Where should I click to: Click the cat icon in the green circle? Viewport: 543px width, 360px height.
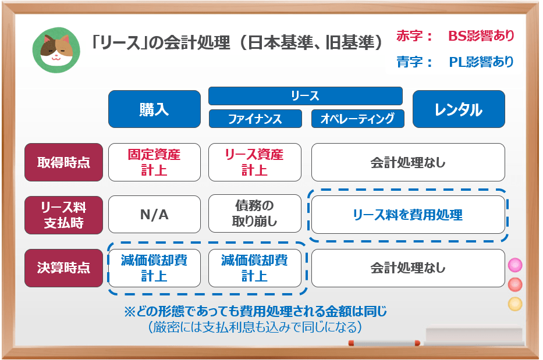pyautogui.click(x=56, y=49)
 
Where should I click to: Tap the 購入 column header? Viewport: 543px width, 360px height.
pyautogui.click(x=154, y=109)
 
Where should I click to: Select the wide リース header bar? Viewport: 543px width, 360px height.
pyautogui.click(x=306, y=96)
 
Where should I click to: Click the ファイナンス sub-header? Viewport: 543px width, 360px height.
pyautogui.click(x=255, y=119)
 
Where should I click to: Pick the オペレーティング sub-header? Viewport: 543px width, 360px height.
pyautogui.click(x=357, y=119)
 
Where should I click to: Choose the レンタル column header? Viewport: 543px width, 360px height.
pyautogui.click(x=459, y=109)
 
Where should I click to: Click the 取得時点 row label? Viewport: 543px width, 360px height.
pyautogui.click(x=63, y=162)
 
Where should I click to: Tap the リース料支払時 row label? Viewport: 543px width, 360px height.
pyautogui.click(x=63, y=215)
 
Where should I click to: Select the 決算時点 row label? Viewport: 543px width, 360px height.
pyautogui.click(x=63, y=268)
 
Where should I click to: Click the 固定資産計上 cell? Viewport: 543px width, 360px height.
pyautogui.click(x=154, y=162)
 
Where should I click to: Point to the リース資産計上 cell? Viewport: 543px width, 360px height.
pyautogui.click(x=255, y=162)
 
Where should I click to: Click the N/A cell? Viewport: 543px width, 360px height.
pyautogui.click(x=154, y=215)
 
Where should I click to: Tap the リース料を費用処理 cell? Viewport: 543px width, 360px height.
pyautogui.click(x=407, y=215)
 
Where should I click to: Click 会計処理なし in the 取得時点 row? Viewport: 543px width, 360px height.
pyautogui.click(x=407, y=162)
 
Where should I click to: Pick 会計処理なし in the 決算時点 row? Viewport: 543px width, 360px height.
pyautogui.click(x=407, y=268)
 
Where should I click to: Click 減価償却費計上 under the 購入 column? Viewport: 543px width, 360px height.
pyautogui.click(x=154, y=268)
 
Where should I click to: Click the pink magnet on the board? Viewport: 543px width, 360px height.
pyautogui.click(x=515, y=266)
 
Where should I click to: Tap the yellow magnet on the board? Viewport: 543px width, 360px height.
pyautogui.click(x=515, y=304)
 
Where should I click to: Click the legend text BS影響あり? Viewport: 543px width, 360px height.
pyautogui.click(x=481, y=36)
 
